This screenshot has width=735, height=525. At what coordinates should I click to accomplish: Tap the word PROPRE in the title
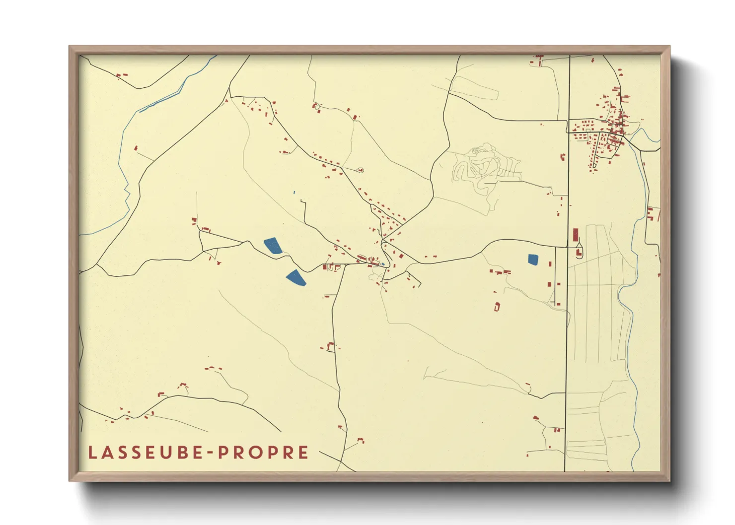pyautogui.click(x=264, y=453)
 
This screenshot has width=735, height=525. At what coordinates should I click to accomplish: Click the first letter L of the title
pyautogui.click(x=92, y=453)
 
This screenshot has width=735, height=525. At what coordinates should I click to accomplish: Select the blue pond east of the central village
pyautogui.click(x=532, y=259)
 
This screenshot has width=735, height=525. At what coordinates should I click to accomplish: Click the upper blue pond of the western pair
pyautogui.click(x=272, y=246)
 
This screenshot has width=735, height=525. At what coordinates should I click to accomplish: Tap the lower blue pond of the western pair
pyautogui.click(x=296, y=278)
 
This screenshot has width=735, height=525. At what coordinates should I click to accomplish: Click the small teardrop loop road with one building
pyautogui.click(x=360, y=170)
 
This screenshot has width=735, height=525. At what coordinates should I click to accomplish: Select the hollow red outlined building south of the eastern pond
pyautogui.click(x=497, y=306)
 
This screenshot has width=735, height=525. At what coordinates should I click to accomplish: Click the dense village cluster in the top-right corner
pyautogui.click(x=613, y=129)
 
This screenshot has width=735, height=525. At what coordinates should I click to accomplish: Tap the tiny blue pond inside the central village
pyautogui.click(x=383, y=263)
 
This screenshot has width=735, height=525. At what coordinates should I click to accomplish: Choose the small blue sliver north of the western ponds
pyautogui.click(x=294, y=192)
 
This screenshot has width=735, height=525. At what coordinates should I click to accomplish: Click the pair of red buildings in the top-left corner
pyautogui.click(x=121, y=75)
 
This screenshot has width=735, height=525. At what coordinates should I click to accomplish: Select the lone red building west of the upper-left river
pyautogui.click(x=136, y=147)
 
